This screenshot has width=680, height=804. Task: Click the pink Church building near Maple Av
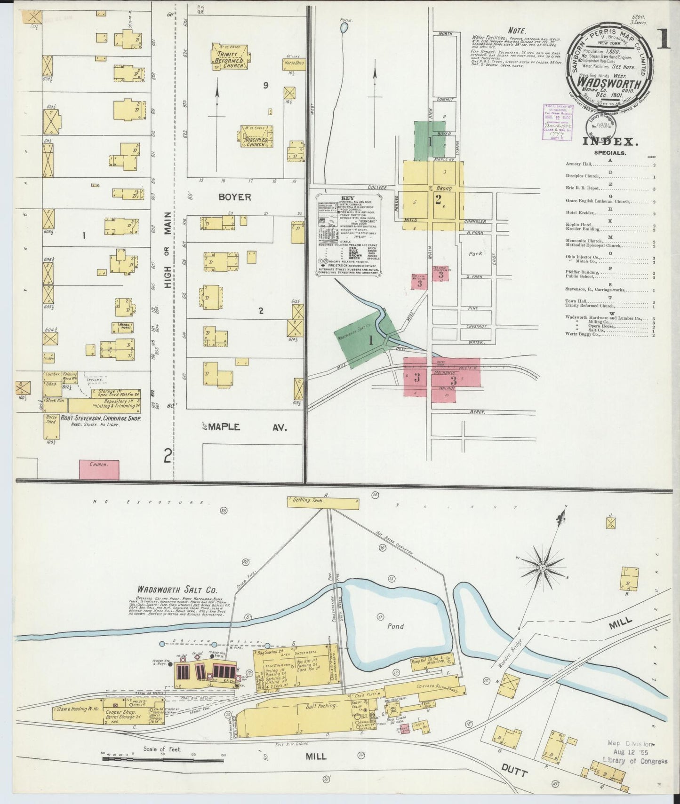click(x=99, y=469)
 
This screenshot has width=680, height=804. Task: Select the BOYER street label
click(x=234, y=197)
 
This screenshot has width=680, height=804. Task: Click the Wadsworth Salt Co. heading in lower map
click(x=177, y=589)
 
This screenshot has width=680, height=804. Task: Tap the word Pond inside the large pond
click(x=395, y=626)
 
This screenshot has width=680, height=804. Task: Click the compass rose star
click(x=543, y=568)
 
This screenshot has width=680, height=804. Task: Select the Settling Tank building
click(x=323, y=503)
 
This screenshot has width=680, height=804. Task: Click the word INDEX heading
click(x=610, y=141)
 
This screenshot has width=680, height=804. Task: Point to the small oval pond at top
click(x=344, y=28)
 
